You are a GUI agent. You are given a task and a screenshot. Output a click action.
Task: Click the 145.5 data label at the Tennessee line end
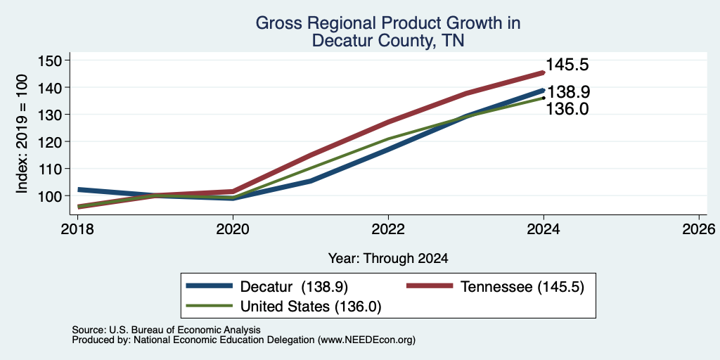[x=567, y=65]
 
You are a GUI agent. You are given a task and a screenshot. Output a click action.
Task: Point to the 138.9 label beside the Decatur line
[x=568, y=92]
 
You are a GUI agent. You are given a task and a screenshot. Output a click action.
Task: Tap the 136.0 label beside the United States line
[x=567, y=109]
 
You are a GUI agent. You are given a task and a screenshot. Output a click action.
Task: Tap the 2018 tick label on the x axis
[x=77, y=229]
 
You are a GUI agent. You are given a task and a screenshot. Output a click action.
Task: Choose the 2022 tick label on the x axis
[x=388, y=229]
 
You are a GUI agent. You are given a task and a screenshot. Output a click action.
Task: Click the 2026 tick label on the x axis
[x=699, y=229]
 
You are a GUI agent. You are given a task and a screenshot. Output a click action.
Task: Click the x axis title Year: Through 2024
[x=388, y=259]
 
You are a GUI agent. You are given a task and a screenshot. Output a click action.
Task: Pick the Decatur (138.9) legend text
[x=295, y=287]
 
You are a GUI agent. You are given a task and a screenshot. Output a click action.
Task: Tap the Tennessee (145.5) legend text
[x=522, y=287]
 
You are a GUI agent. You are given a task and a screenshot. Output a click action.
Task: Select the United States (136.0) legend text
[x=311, y=307]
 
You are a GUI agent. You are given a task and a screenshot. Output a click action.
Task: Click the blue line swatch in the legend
[x=209, y=287]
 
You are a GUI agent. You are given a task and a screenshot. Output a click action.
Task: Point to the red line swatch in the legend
[x=430, y=287]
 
